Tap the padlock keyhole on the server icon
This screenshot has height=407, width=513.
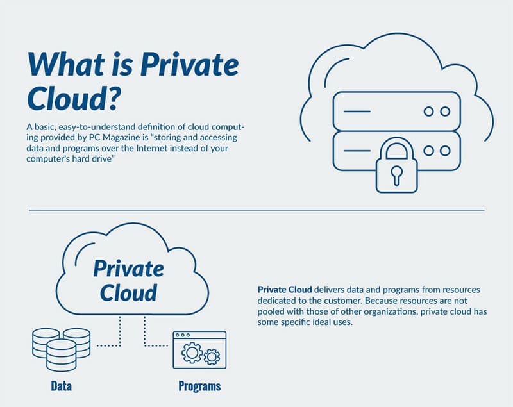tap(396, 175)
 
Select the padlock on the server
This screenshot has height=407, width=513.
tap(396, 165)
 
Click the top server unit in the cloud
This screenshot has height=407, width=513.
tap(396, 111)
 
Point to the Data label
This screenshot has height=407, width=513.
tap(61, 386)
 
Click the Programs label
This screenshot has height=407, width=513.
tap(199, 386)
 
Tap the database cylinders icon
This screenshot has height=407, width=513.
tap(61, 349)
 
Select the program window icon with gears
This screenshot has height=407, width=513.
tap(199, 350)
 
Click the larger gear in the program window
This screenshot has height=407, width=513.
tap(192, 353)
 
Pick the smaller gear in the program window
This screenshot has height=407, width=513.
tap(212, 356)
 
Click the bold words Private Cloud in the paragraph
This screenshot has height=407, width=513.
tap(285, 290)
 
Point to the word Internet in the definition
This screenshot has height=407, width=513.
tap(152, 148)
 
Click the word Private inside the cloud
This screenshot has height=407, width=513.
tap(129, 269)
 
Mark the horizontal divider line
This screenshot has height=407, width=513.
tap(256, 210)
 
